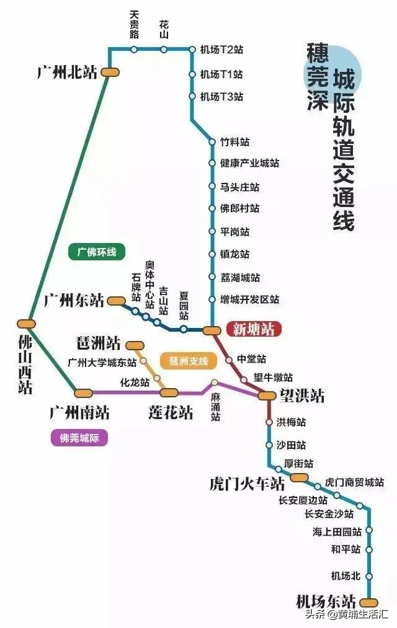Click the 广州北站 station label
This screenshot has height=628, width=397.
(67, 73)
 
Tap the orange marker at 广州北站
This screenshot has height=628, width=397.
(110, 72)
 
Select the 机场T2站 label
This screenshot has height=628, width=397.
(221, 49)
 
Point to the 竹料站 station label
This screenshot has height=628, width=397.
(235, 141)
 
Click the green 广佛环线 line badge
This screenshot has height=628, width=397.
(97, 252)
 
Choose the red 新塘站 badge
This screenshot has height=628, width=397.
(253, 329)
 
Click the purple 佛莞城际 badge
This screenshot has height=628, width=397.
(79, 438)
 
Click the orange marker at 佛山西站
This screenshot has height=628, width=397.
(26, 323)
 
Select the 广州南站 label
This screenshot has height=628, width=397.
(79, 412)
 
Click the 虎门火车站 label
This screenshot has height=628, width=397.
(247, 484)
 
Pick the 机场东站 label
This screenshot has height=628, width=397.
(326, 601)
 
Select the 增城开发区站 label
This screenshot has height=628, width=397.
(249, 300)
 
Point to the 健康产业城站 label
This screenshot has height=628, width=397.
(249, 164)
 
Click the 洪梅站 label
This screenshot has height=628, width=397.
(291, 422)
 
